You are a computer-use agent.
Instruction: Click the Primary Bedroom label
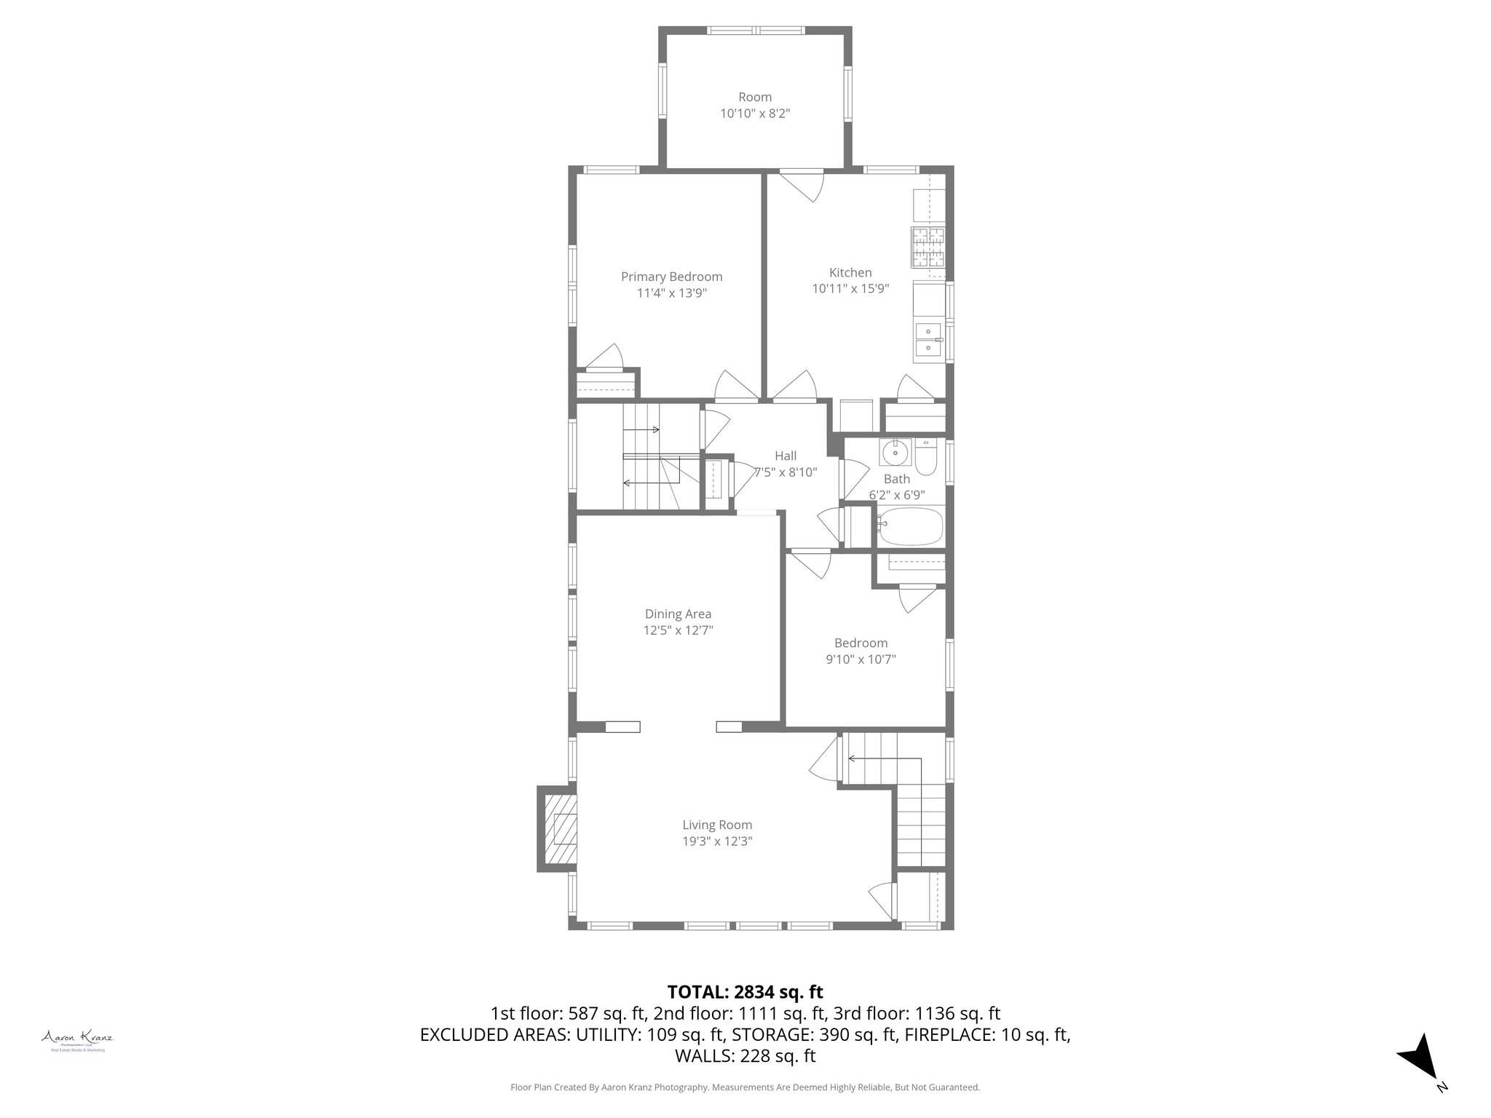[671, 277]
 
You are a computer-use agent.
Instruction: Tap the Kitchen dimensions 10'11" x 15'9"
[850, 289]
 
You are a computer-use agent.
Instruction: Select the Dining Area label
[678, 614]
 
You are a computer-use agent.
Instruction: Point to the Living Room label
[717, 825]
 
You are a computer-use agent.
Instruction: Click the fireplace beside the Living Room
[559, 828]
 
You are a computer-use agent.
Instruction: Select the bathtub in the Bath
[909, 528]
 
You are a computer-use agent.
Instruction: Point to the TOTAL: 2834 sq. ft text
[745, 991]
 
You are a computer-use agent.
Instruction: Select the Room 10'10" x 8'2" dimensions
[755, 114]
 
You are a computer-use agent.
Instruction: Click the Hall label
[786, 456]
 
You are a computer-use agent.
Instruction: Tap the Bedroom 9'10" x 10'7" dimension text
[861, 659]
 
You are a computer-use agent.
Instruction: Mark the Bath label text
[897, 479]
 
